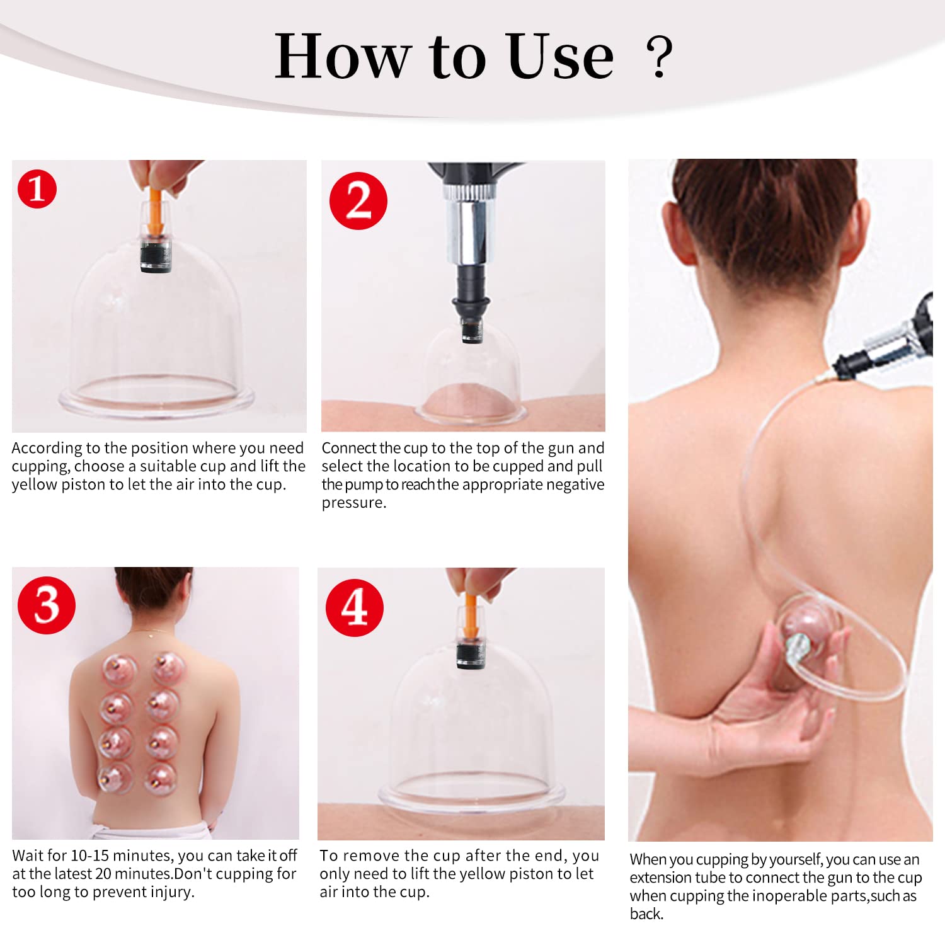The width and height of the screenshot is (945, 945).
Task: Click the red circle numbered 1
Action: click(x=37, y=189)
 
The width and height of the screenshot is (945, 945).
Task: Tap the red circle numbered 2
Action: click(x=358, y=201)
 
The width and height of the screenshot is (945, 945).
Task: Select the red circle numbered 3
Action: click(x=47, y=605)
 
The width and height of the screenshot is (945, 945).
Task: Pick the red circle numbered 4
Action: click(x=355, y=608)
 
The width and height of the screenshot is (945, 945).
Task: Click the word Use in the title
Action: click(x=559, y=57)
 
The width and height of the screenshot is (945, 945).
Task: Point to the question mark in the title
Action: click(x=660, y=57)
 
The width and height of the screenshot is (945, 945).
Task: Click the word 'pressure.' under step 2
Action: click(x=354, y=503)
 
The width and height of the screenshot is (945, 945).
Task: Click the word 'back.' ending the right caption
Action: click(x=647, y=914)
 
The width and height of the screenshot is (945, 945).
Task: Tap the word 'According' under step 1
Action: click(x=47, y=449)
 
